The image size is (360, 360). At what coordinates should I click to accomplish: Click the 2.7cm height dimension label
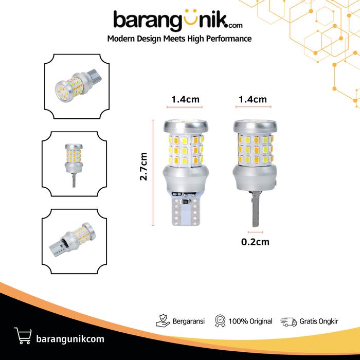(143, 167)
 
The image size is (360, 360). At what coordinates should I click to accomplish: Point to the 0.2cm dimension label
(255, 242)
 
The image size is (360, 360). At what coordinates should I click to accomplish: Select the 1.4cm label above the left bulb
(185, 99)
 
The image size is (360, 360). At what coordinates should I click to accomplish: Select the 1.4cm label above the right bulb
(253, 99)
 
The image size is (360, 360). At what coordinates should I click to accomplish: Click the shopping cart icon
(23, 335)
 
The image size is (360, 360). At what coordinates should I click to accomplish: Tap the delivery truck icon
(289, 322)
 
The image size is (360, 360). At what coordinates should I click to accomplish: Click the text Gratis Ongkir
(319, 321)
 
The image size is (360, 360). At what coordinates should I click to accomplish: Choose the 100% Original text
(250, 321)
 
